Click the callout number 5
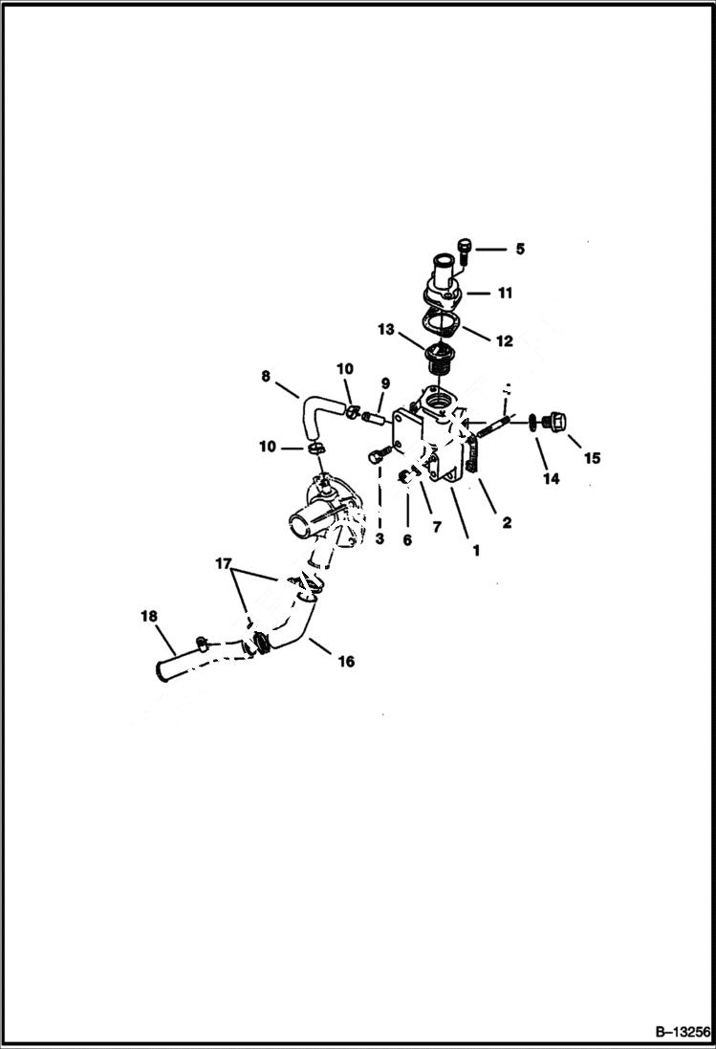(520, 250)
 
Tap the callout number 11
(505, 294)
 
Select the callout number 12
(504, 340)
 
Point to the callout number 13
(385, 329)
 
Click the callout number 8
(267, 377)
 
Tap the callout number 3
(380, 539)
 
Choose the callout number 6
(407, 539)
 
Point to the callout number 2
(507, 522)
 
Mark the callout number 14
(551, 479)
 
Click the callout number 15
(592, 458)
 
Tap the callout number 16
(346, 661)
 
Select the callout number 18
(149, 617)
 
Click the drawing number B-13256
(683, 1033)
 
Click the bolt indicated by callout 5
(466, 251)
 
